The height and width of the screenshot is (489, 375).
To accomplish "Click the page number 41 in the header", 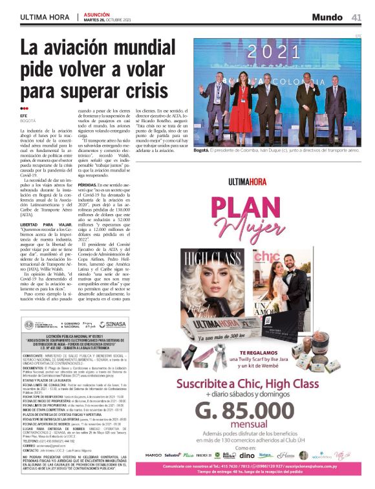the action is (x=356, y=17).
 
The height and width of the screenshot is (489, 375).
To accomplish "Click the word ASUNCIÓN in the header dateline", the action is (x=96, y=14).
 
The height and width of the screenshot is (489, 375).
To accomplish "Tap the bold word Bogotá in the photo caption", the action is (x=202, y=149).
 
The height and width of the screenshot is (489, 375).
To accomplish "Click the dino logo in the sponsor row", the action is (x=246, y=455).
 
